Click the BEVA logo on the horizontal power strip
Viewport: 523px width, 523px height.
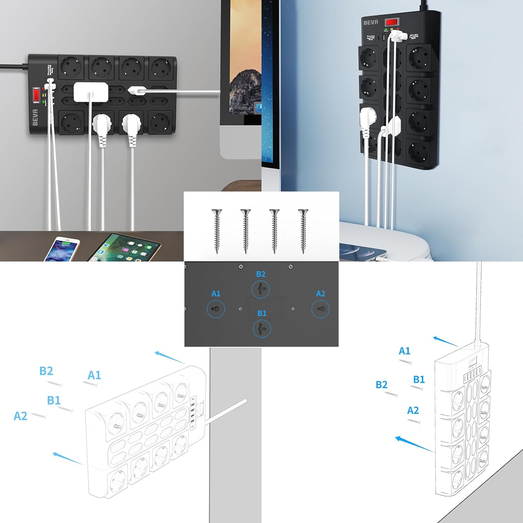(x=35, y=117)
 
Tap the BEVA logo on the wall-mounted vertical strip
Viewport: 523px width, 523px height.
(x=371, y=22)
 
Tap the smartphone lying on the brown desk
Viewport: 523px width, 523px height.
(x=62, y=249)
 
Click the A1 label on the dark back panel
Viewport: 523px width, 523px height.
(x=216, y=294)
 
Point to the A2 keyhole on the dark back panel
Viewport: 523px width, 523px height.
(x=320, y=309)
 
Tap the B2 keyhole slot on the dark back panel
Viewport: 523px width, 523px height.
(x=261, y=289)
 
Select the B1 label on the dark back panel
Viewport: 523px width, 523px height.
(x=262, y=313)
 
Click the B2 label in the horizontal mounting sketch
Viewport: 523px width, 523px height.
(x=46, y=371)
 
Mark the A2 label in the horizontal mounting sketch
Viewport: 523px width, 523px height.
(x=20, y=416)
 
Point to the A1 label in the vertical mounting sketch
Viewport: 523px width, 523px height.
(x=404, y=351)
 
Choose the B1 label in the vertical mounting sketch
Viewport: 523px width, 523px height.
(x=419, y=379)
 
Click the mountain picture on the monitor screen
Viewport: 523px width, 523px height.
(x=245, y=91)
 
